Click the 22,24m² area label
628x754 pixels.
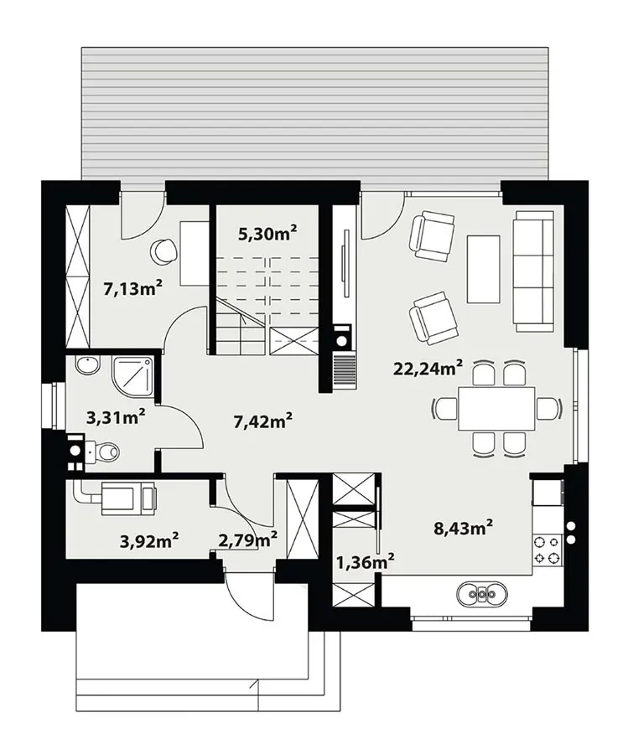point(428,369)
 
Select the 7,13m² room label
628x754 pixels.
point(132,288)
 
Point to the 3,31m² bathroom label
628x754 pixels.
point(116,416)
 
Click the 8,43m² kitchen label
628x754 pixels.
point(463,528)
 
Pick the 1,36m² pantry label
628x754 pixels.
point(366,560)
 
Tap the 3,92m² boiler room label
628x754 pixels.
point(149,541)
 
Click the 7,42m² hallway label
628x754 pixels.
point(262,421)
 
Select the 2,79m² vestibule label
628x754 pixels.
point(247,540)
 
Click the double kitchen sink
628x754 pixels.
point(482,595)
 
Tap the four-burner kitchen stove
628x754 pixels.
point(548,550)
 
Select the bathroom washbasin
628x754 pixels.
point(87,365)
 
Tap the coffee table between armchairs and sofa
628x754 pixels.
point(484,269)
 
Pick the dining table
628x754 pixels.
point(496,408)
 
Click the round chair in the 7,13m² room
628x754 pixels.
point(164,251)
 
